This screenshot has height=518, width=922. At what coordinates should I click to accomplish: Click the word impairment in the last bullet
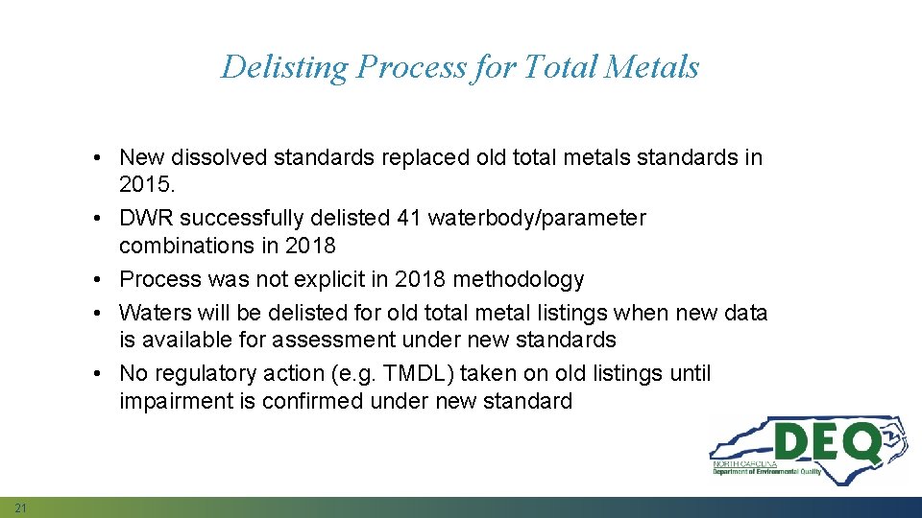pyautogui.click(x=174, y=401)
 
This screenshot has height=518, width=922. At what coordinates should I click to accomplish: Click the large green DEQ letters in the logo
pyautogui.click(x=827, y=443)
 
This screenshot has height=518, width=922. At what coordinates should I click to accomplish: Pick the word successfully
pyautogui.click(x=253, y=219)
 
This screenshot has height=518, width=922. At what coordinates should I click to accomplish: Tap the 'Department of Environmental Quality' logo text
pyautogui.click(x=766, y=471)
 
